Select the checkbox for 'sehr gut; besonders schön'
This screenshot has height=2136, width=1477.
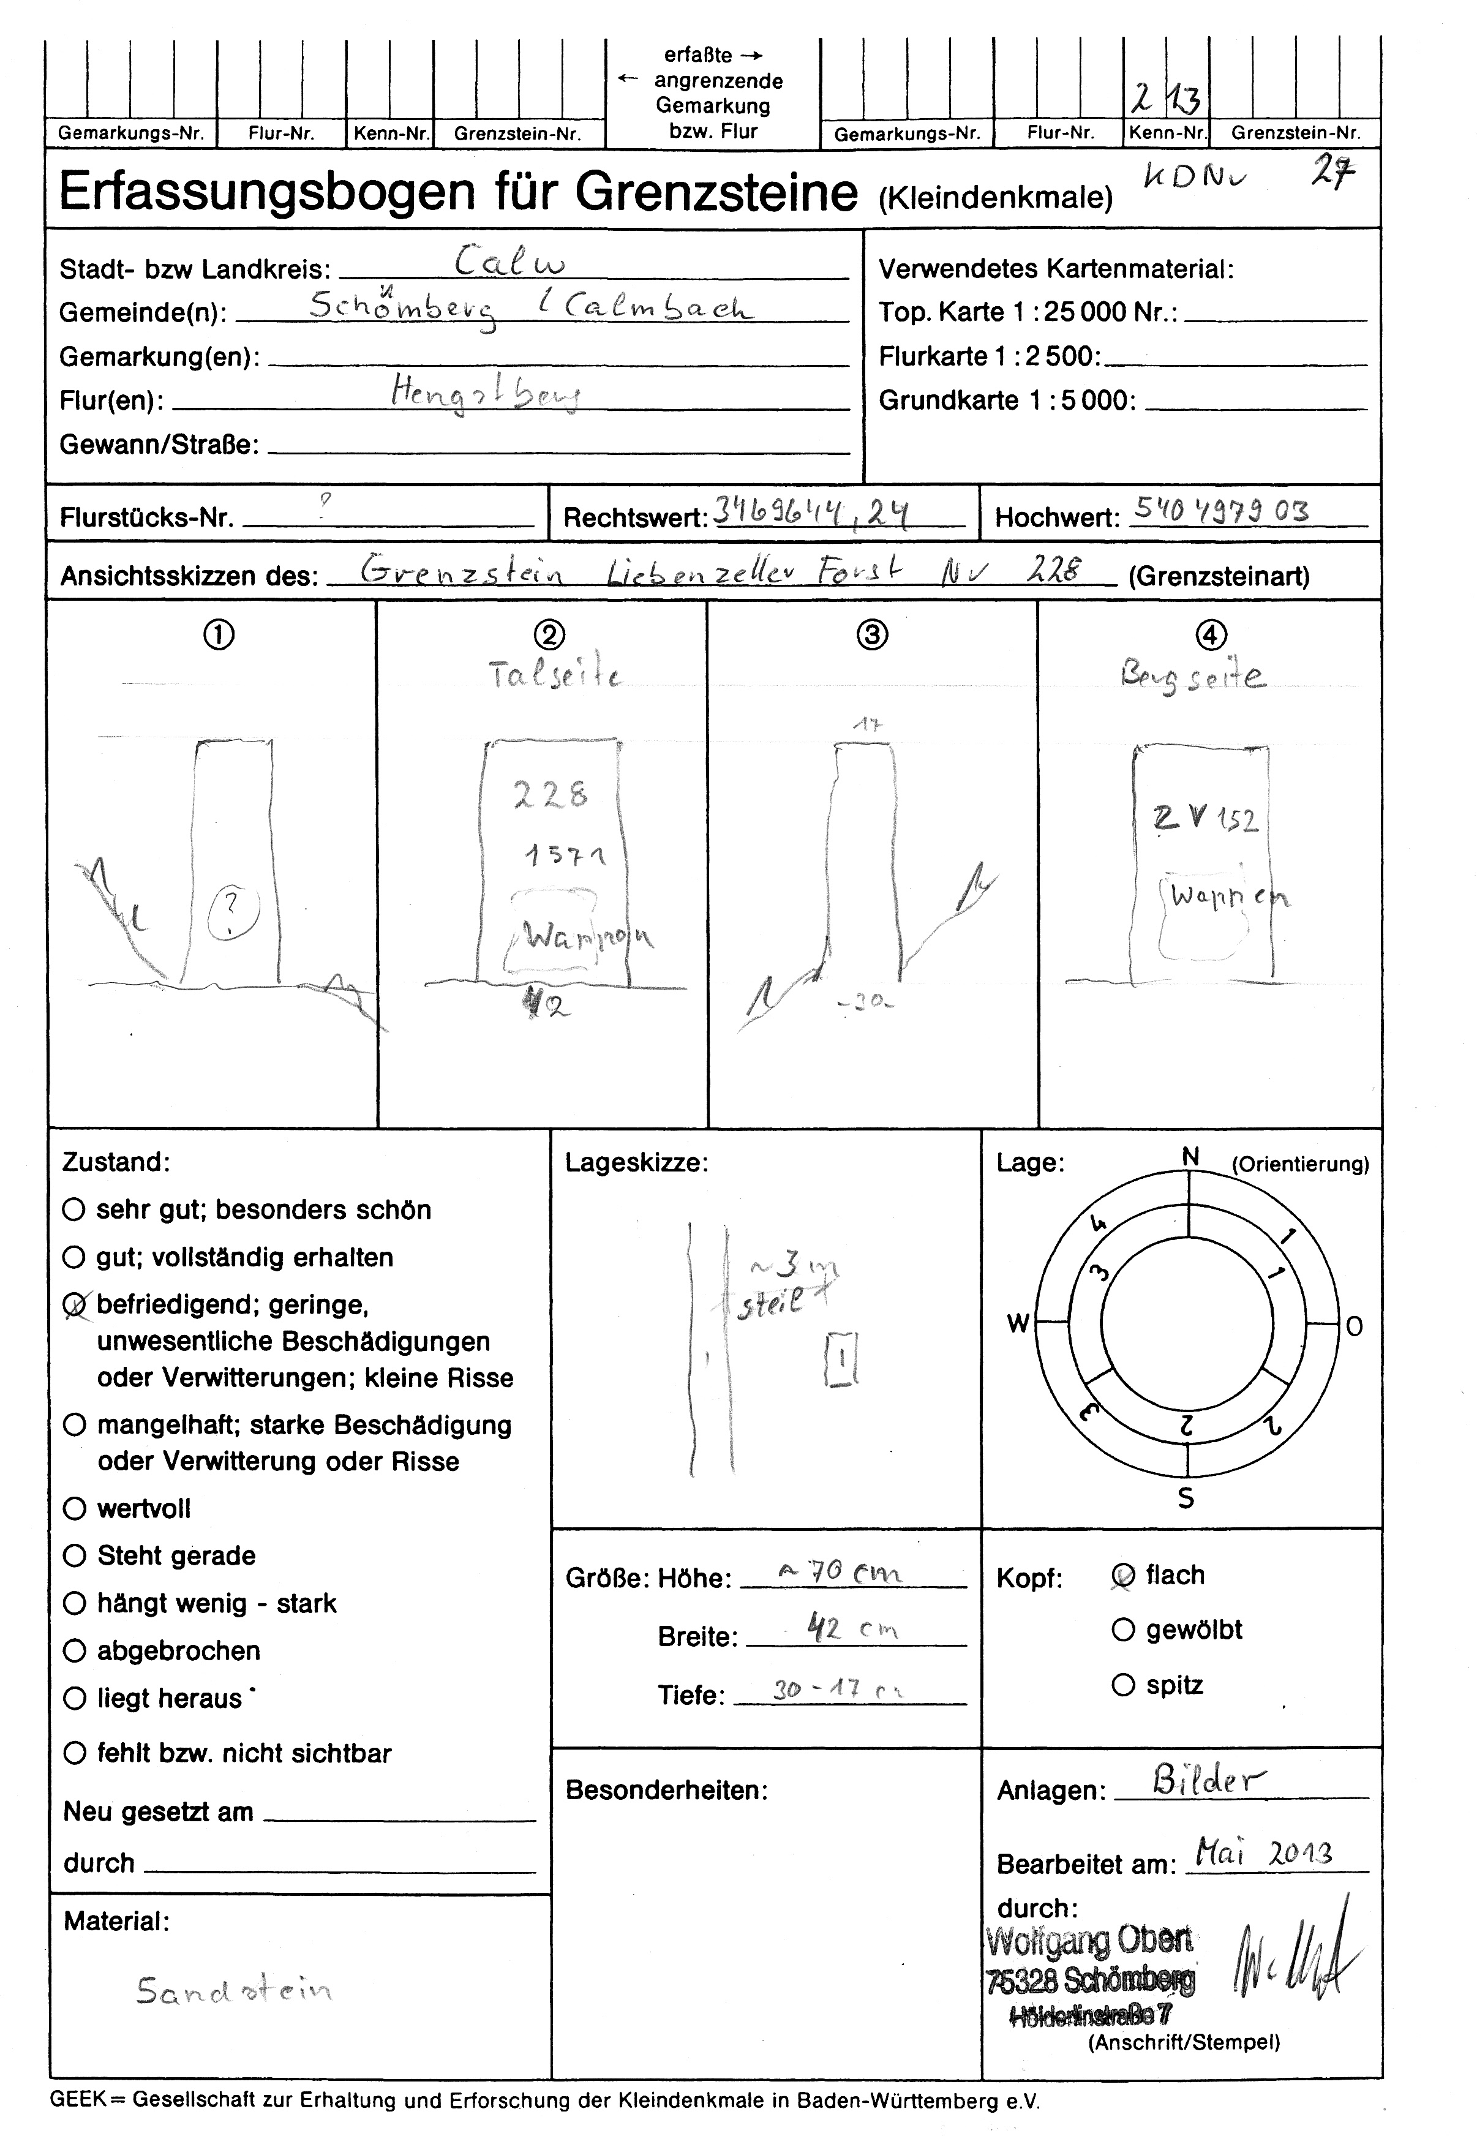(x=74, y=1209)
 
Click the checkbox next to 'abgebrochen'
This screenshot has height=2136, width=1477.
(x=74, y=1650)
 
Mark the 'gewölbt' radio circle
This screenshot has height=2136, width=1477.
(x=1122, y=1630)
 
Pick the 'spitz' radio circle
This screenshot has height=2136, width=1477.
(x=1122, y=1685)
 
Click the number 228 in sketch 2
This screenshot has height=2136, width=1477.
(x=551, y=794)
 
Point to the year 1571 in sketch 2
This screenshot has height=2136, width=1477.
(x=565, y=856)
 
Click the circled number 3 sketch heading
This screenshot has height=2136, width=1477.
(x=873, y=635)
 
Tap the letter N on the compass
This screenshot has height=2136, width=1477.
(x=1190, y=1156)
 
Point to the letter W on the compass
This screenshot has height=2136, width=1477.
(x=1018, y=1323)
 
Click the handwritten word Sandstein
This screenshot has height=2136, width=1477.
(x=234, y=1989)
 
